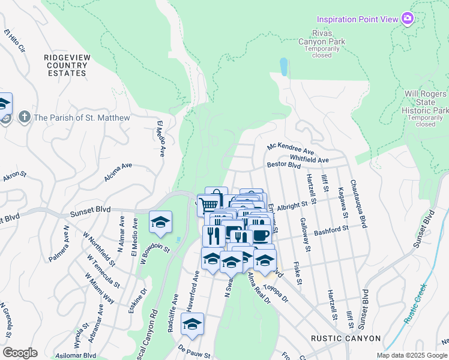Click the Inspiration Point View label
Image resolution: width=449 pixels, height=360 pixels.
click(358, 19)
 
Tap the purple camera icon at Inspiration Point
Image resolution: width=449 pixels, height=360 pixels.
click(408, 19)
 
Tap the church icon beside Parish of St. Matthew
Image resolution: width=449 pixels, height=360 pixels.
click(24, 117)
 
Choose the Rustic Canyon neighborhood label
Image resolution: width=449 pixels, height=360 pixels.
click(346, 338)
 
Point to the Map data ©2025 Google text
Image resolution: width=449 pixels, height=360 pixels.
click(411, 355)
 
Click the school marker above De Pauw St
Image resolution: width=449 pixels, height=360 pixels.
click(192, 324)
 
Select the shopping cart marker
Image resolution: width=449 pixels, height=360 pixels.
click(208, 204)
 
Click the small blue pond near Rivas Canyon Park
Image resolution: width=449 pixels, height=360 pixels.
click(283, 66)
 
